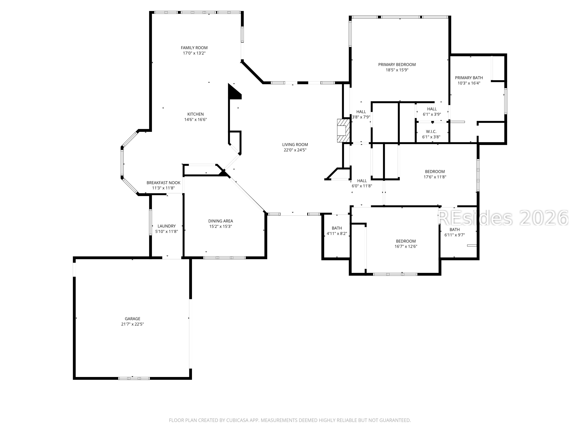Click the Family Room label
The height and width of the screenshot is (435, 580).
(x=194, y=48)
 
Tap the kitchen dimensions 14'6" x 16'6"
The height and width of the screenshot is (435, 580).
(x=195, y=120)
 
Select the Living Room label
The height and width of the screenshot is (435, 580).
(x=295, y=145)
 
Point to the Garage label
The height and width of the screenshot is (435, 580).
(x=132, y=319)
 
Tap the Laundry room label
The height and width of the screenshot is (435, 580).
(x=166, y=226)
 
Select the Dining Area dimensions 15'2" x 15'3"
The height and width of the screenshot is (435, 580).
(x=221, y=226)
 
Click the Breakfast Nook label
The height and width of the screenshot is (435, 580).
(x=163, y=183)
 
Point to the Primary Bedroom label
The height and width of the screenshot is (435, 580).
(x=397, y=64)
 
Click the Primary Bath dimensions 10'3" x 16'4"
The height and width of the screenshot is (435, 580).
(x=469, y=83)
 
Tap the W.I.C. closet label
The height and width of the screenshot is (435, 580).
(x=431, y=132)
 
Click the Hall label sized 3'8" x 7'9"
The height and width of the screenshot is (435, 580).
(x=361, y=112)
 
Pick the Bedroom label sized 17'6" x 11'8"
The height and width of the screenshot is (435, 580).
(x=435, y=171)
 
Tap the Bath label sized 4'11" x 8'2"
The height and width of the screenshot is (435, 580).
(x=337, y=228)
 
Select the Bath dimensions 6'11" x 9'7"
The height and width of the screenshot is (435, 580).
(x=454, y=235)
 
